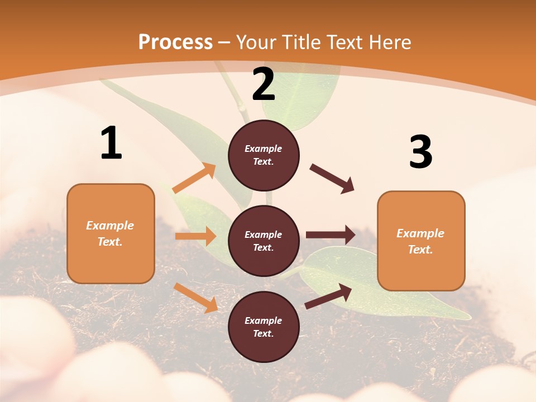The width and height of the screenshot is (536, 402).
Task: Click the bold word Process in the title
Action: [x=175, y=42]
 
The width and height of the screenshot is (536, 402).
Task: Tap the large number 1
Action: [x=111, y=143]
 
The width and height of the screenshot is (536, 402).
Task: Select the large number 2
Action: [x=264, y=84]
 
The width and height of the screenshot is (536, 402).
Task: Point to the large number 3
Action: [x=420, y=152]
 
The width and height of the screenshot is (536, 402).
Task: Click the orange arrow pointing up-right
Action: [x=194, y=178]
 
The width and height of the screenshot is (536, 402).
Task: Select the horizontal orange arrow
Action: [x=195, y=236]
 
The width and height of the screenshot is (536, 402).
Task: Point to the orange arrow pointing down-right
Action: [x=195, y=298]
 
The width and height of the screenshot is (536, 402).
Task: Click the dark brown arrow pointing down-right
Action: [x=332, y=179]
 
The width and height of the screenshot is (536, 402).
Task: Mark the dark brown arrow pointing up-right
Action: [x=328, y=296]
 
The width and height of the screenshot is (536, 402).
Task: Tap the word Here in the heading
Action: [x=390, y=42]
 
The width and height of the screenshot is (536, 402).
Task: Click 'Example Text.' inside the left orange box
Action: [x=110, y=233]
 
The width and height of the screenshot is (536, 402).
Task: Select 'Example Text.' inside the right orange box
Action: [x=420, y=241]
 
